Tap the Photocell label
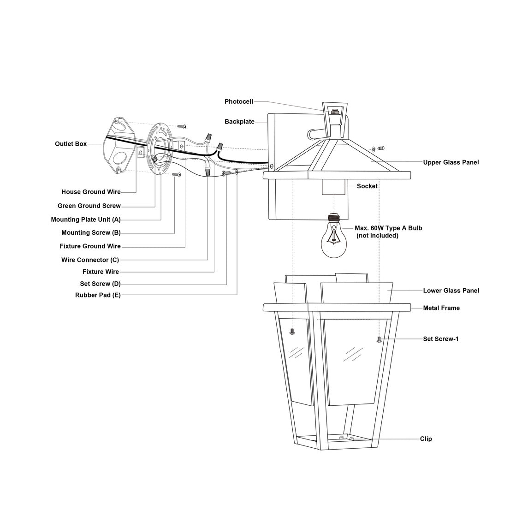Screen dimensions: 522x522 point(239,101)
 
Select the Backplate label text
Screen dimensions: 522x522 point(239,122)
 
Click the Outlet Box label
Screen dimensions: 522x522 point(71,144)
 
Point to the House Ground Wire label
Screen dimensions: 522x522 point(91,192)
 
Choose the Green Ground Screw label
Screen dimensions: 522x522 point(89,206)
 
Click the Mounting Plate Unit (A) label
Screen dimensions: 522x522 point(86,219)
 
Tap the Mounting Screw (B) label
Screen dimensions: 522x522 point(91,232)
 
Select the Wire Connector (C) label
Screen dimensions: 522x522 point(90,260)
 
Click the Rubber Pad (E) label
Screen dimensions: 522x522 point(98,295)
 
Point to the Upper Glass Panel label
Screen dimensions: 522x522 point(451,162)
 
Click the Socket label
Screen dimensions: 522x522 point(367,186)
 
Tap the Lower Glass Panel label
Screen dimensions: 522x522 point(451,291)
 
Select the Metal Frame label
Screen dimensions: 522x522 point(441,308)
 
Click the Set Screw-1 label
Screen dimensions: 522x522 point(440,339)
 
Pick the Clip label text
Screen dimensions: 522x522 point(426,439)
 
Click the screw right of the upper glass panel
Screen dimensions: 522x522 point(381,148)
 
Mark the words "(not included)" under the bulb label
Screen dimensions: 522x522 point(377,236)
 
